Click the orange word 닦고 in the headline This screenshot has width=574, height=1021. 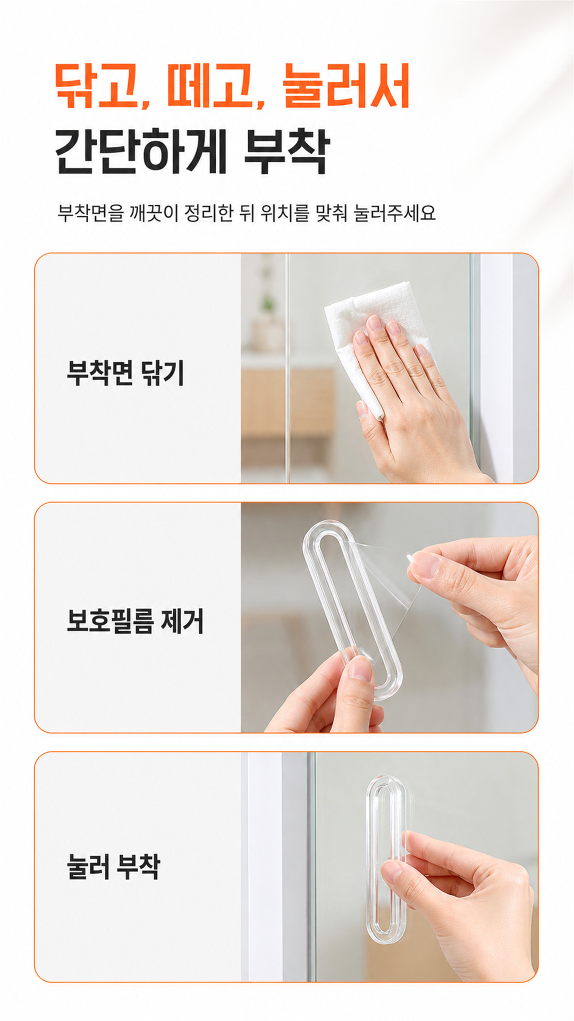[99, 86]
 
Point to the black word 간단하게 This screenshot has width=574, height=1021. [141, 151]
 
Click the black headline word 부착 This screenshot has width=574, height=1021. [287, 151]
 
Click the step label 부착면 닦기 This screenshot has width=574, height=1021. [125, 372]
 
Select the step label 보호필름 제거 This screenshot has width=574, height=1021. [135, 621]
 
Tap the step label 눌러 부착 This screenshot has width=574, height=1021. [113, 866]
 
